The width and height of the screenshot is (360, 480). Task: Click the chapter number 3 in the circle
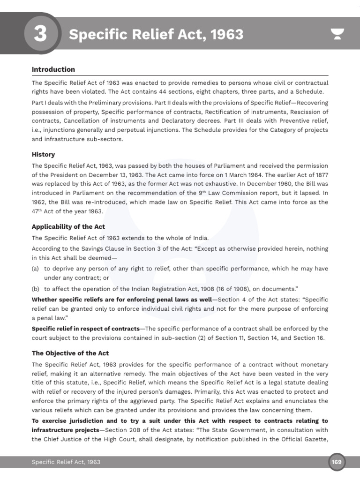40,35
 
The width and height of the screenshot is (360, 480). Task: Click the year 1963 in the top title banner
227,35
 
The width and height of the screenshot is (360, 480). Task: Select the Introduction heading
53,69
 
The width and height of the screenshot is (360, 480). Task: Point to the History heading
43,154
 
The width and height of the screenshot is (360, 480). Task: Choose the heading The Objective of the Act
70,353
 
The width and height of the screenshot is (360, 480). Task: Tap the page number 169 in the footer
337,462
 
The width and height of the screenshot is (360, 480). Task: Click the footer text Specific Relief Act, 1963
66,462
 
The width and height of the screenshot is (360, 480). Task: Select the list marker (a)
36,269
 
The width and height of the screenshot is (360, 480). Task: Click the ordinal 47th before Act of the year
37,211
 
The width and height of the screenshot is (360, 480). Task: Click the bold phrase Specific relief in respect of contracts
86,329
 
